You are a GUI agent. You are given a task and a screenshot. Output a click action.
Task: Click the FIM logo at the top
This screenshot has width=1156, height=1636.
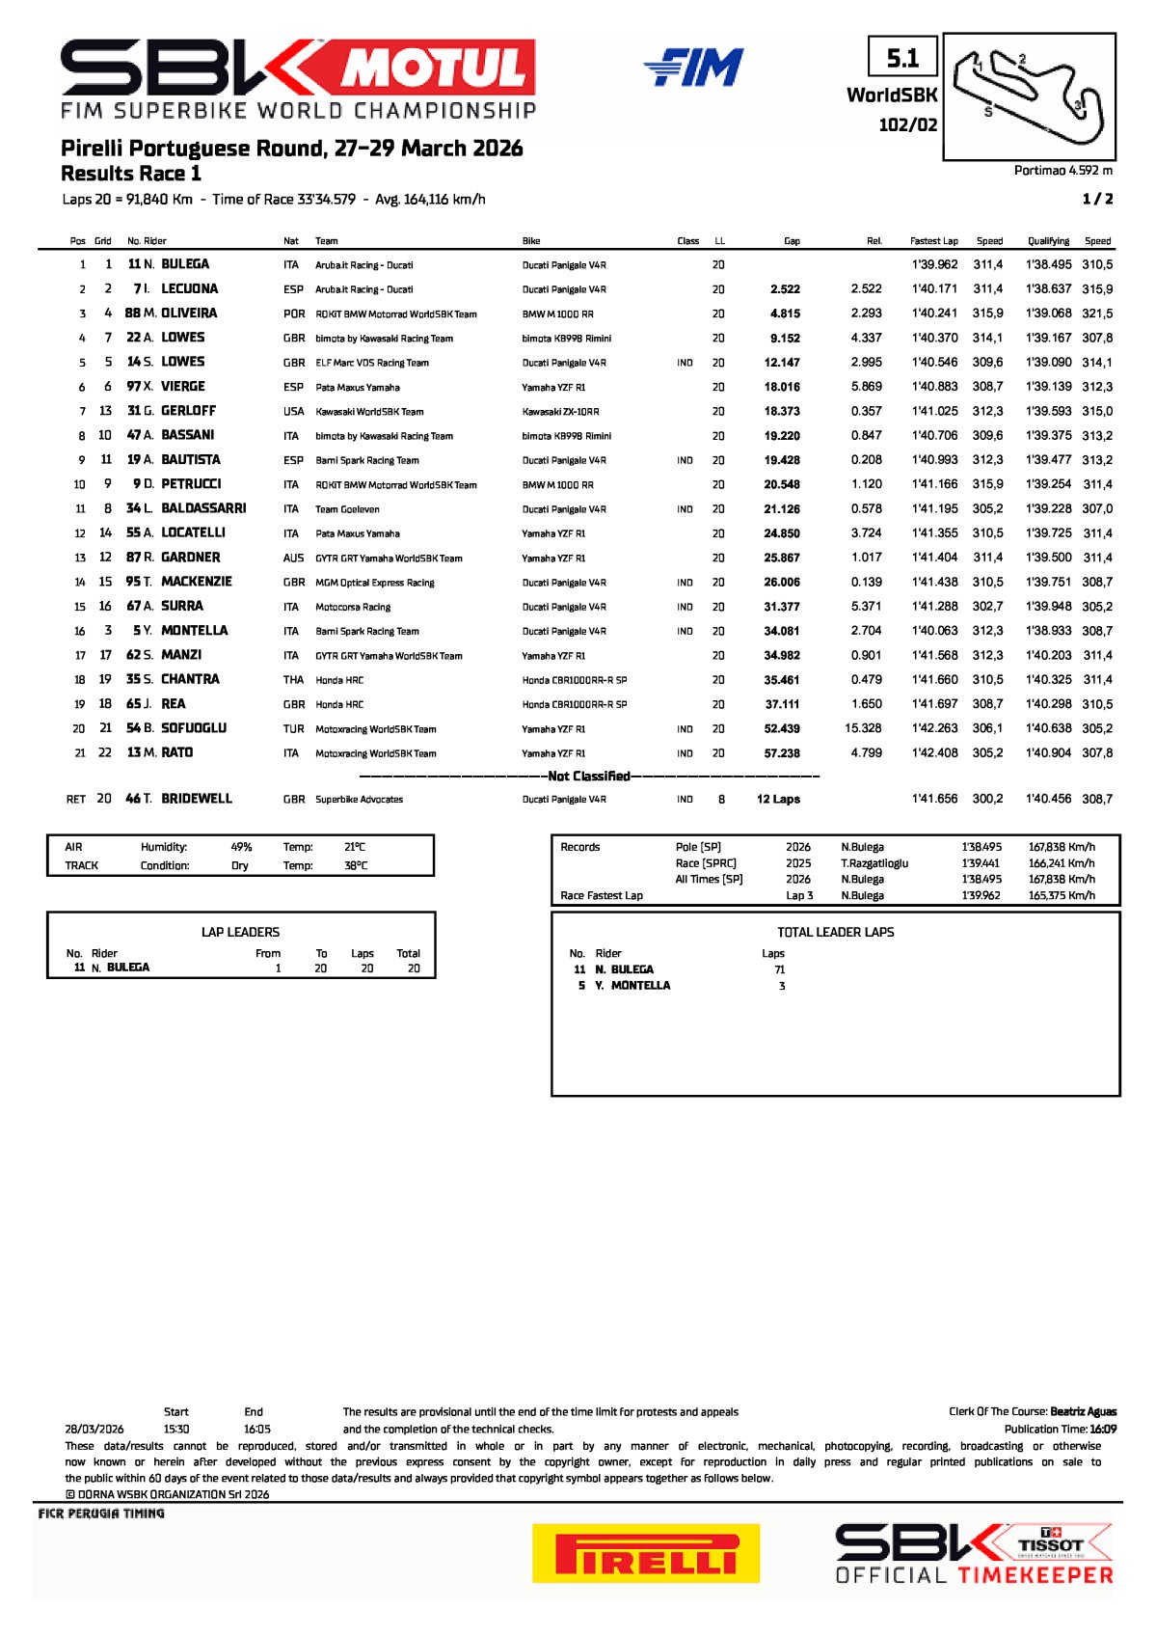(x=694, y=68)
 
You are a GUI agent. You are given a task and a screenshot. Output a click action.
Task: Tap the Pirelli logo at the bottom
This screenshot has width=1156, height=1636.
(x=645, y=1554)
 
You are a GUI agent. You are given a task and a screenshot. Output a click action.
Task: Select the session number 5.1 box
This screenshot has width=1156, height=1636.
(x=902, y=59)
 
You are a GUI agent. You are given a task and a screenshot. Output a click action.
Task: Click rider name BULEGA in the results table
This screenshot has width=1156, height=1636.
(x=185, y=264)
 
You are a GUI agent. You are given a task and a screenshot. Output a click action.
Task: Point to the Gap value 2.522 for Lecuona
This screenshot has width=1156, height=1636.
(x=785, y=289)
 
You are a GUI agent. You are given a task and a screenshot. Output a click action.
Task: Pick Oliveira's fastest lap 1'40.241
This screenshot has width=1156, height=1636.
(x=934, y=314)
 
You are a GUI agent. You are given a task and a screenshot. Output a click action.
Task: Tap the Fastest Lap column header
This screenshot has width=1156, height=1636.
(x=933, y=241)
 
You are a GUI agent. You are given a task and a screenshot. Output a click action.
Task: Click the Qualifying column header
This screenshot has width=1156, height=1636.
(x=1048, y=241)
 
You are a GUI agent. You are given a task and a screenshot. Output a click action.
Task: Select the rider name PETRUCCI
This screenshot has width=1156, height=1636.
(x=191, y=484)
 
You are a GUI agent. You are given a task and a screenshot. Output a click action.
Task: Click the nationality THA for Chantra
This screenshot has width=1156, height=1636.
(x=293, y=680)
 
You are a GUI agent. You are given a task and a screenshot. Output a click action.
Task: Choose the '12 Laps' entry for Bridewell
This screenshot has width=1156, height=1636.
(x=778, y=800)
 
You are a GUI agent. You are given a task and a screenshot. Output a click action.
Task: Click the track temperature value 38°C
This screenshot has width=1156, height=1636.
(x=355, y=866)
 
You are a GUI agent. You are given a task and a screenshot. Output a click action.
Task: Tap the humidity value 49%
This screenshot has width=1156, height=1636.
(x=241, y=848)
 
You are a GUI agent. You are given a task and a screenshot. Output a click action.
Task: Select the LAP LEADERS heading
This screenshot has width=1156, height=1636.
(x=240, y=933)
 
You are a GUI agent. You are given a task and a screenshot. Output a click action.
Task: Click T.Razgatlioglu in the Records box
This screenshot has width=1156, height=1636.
(x=874, y=863)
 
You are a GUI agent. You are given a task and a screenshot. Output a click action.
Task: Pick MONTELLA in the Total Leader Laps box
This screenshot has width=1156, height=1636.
(x=640, y=986)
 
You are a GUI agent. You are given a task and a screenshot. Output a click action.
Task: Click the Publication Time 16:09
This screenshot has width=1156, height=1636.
(x=1103, y=1430)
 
